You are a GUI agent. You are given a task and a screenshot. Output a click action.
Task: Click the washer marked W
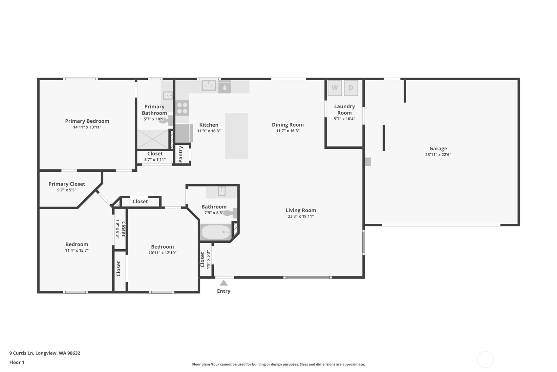pyautogui.click(x=334, y=88)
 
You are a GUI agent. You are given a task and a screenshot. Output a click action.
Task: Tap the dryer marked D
pyautogui.click(x=351, y=88)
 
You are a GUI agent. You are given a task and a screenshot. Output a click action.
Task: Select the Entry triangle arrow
pyautogui.click(x=224, y=283)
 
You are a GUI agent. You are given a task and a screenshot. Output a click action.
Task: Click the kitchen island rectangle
pyautogui.click(x=236, y=136)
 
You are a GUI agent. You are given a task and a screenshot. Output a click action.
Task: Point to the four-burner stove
pyautogui.click(x=182, y=108)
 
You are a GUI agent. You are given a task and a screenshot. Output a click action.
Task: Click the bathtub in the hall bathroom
pyautogui.click(x=216, y=232)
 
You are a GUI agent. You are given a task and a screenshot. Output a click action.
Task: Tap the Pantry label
pyautogui.click(x=181, y=154)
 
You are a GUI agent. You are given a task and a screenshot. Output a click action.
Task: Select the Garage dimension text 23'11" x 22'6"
pyautogui.click(x=438, y=155)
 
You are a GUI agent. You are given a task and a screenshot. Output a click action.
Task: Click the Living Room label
pyautogui.click(x=301, y=210)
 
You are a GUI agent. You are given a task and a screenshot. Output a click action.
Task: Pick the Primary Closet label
pyautogui.click(x=67, y=184)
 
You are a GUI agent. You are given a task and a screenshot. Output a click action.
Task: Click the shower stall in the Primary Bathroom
pyautogui.click(x=153, y=139)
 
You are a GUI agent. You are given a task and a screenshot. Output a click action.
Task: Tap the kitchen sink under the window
pyautogui.click(x=208, y=86)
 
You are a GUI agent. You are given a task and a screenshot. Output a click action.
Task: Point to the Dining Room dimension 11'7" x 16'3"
pyautogui.click(x=288, y=131)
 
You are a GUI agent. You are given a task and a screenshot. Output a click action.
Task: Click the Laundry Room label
pyautogui.click(x=344, y=110)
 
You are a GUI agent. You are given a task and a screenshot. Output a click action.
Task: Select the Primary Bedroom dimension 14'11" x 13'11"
pyautogui.click(x=87, y=127)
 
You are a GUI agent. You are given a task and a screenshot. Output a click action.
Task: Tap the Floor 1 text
pyautogui.click(x=17, y=362)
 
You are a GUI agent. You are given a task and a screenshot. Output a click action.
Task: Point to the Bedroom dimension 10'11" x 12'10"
pyautogui.click(x=162, y=253)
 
